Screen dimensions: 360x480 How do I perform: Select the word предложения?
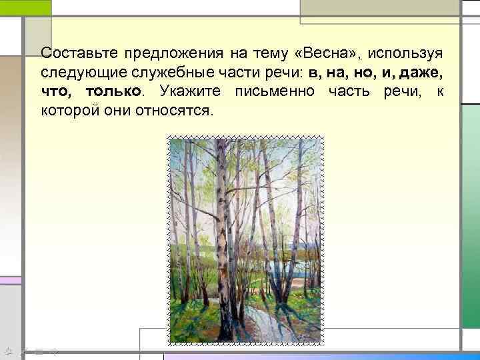click(x=169, y=53)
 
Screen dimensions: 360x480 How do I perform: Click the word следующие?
click(x=75, y=71)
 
